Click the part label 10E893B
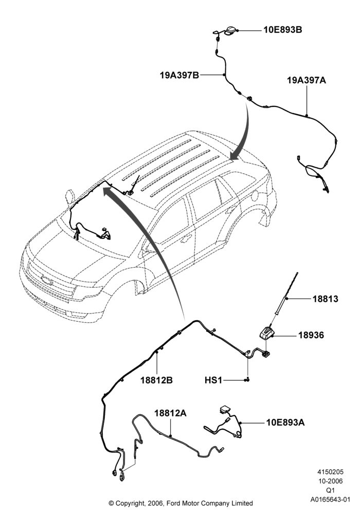coord(283,30)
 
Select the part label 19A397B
coord(179,75)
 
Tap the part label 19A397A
coord(307,80)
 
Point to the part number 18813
coord(325,299)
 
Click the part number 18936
coord(311,335)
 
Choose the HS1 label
coord(213,380)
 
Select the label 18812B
coord(157,380)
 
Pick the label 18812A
coord(171,413)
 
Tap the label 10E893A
coord(285,423)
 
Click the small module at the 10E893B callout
coord(230,30)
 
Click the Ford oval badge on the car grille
coord(47,280)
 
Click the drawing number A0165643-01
coord(331,500)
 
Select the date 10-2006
coord(330,481)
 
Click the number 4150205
coord(330,472)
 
